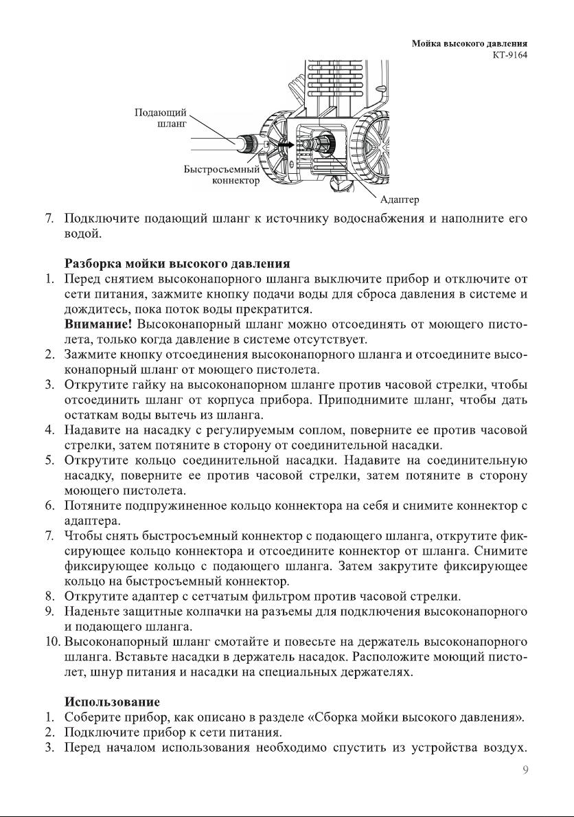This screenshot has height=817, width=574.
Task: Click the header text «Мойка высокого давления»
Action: tap(474, 44)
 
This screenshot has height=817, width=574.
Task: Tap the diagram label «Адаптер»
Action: tap(399, 200)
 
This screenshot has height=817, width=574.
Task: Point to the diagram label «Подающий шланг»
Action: tap(159, 118)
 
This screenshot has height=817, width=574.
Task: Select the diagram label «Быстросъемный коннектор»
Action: tap(222, 175)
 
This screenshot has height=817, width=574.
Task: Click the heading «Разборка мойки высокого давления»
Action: tap(177, 263)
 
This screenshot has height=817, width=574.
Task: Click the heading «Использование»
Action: tap(112, 702)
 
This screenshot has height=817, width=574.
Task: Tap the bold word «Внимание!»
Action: tap(97, 324)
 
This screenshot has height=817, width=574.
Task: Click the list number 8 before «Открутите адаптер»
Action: tap(49, 596)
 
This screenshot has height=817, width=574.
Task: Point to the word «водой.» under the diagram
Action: tap(82, 234)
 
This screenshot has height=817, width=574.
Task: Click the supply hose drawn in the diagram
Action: tap(213, 143)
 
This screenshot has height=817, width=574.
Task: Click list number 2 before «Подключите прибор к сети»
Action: tap(49, 732)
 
